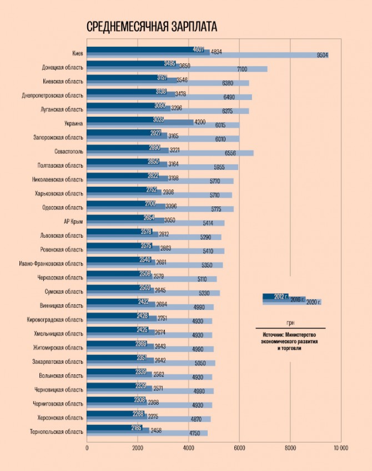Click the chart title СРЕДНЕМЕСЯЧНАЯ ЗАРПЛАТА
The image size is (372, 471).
click(152, 27)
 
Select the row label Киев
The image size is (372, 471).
click(78, 54)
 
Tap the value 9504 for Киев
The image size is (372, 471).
click(322, 55)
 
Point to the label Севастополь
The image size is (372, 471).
click(68, 152)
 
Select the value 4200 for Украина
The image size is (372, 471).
click(200, 122)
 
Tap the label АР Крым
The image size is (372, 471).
click(74, 222)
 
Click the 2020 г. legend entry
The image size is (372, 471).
click(314, 302)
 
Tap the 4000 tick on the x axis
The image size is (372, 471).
click(188, 447)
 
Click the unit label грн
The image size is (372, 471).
click(290, 323)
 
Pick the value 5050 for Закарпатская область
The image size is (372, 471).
click(205, 362)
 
